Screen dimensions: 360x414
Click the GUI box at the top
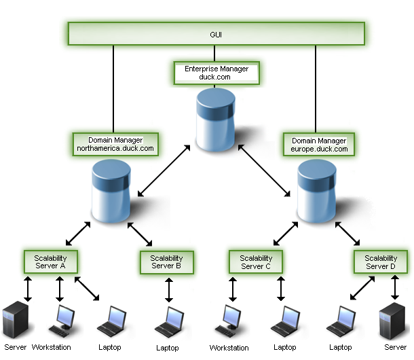tap(216, 34)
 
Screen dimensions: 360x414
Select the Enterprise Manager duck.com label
tap(216, 73)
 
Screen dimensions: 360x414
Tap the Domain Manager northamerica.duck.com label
tap(115, 144)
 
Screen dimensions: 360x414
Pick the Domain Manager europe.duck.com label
tap(318, 144)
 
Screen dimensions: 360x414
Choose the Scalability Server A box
tap(51, 262)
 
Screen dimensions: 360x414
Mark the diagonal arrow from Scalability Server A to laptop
tap(88, 289)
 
